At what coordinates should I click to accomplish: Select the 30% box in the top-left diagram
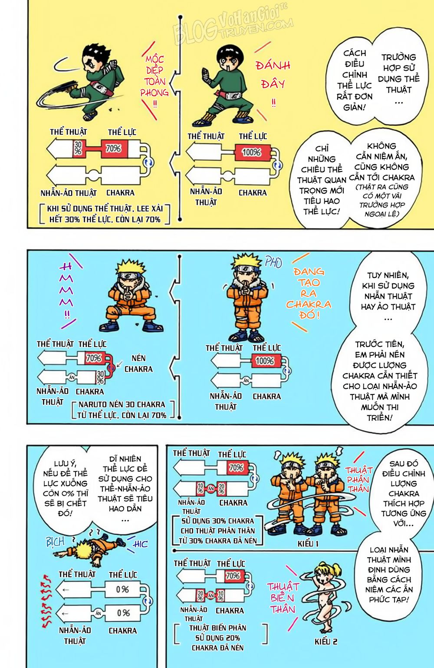tap(79, 149)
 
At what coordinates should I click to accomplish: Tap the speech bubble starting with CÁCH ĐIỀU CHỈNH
tap(354, 80)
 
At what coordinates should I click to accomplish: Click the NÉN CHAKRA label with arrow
tap(138, 364)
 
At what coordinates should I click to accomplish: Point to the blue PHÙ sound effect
tap(273, 262)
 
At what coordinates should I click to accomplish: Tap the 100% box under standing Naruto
tap(264, 361)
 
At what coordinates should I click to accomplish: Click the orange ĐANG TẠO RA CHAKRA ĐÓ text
tap(308, 293)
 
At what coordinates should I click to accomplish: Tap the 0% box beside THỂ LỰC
tap(122, 590)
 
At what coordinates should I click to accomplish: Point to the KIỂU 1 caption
tap(308, 544)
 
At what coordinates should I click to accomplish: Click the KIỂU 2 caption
tap(326, 642)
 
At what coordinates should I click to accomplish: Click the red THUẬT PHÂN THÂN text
tap(358, 480)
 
